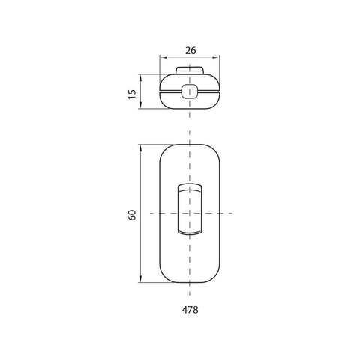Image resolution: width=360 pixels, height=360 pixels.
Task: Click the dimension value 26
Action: click(190, 51)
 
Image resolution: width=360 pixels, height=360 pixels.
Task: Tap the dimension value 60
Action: click(132, 214)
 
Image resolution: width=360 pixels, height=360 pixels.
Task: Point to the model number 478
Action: click(190, 308)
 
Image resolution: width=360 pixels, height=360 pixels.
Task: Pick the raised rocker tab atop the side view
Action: click(190, 71)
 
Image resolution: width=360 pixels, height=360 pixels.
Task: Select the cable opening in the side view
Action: click(190, 92)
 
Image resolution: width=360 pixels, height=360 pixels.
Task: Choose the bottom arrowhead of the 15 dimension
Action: click(142, 107)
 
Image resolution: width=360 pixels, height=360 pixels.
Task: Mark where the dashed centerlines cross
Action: click(190, 214)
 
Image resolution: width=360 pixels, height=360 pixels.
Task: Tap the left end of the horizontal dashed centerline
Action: click(152, 214)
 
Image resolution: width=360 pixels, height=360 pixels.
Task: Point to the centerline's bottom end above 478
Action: click(190, 294)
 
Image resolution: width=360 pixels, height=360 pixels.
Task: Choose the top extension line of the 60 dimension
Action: click(154, 145)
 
